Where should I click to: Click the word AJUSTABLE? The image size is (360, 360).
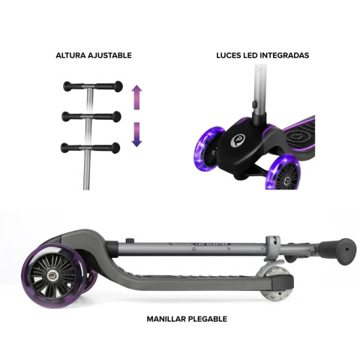pyautogui.click(x=109, y=55)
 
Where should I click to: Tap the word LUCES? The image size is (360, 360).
pyautogui.click(x=229, y=55)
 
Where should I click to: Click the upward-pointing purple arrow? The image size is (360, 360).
pyautogui.click(x=136, y=97)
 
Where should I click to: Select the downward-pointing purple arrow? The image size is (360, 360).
pyautogui.click(x=136, y=134)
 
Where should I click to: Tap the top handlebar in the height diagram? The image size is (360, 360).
pyautogui.click(x=93, y=86)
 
